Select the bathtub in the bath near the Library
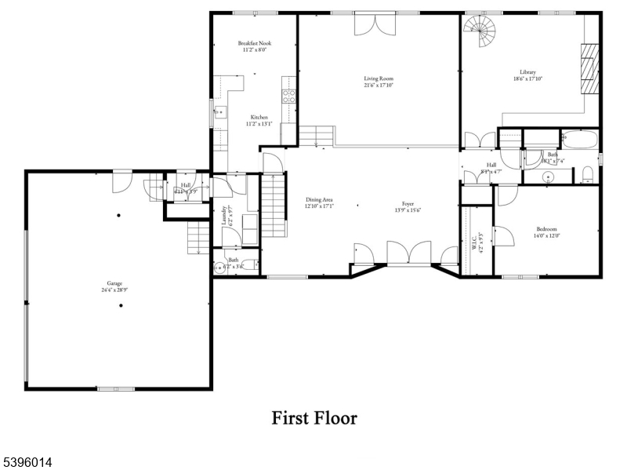(579, 140)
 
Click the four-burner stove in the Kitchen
(288, 97)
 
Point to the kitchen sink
(219, 112)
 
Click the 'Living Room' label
(378, 78)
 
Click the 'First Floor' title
(313, 417)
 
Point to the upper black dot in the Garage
(119, 216)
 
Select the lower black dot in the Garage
(121, 306)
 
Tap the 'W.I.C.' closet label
(474, 240)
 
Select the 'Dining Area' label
(320, 199)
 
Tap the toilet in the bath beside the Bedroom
(586, 174)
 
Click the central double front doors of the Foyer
(408, 254)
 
